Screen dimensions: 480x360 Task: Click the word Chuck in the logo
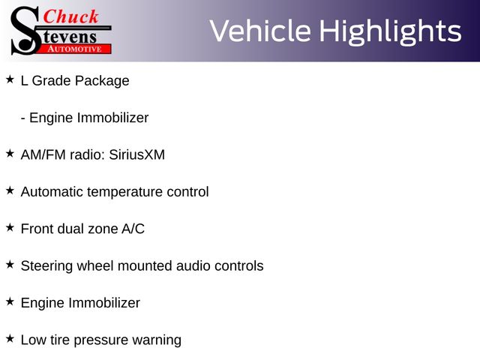pyautogui.click(x=70, y=16)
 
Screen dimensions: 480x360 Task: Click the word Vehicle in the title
pyautogui.click(x=260, y=31)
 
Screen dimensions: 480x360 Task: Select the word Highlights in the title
pyautogui.click(x=391, y=31)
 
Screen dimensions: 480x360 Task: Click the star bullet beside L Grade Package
pyautogui.click(x=10, y=79)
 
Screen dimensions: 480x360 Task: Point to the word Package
pyautogui.click(x=102, y=81)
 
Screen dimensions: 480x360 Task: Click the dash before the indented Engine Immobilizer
pyautogui.click(x=23, y=118)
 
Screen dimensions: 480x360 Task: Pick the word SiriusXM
pyautogui.click(x=136, y=154)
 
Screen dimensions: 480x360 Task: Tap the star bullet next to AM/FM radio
pyautogui.click(x=10, y=153)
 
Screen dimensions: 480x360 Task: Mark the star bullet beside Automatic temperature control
pyautogui.click(x=10, y=190)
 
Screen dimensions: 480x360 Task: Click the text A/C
pyautogui.click(x=133, y=229)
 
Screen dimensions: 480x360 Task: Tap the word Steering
pyautogui.click(x=46, y=266)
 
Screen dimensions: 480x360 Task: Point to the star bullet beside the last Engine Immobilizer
pyautogui.click(x=10, y=301)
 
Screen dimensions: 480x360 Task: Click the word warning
pyautogui.click(x=157, y=340)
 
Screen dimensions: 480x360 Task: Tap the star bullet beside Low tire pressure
pyautogui.click(x=10, y=338)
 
